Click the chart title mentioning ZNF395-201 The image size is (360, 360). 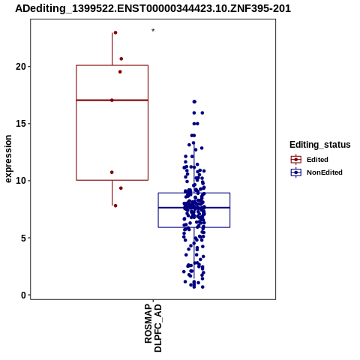click(x=153, y=9)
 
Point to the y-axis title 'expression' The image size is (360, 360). click(x=8, y=159)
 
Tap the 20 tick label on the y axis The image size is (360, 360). click(x=21, y=67)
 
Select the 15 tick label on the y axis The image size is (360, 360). click(x=21, y=124)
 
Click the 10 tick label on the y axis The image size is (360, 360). click(x=21, y=181)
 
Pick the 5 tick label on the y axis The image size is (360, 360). click(x=23, y=238)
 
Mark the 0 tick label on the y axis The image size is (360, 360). click(x=23, y=295)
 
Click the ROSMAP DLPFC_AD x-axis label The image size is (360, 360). click(x=153, y=328)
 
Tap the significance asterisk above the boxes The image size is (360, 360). click(x=153, y=31)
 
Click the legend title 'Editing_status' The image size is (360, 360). click(x=320, y=145)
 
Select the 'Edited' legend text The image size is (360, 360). click(x=317, y=160)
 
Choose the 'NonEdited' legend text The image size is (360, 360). click(x=325, y=172)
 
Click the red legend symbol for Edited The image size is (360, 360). click(x=296, y=160)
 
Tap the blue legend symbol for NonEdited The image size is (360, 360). click(x=296, y=172)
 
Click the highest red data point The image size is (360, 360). click(x=115, y=33)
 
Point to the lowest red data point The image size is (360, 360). click(x=115, y=205)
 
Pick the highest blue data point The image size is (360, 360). click(x=194, y=102)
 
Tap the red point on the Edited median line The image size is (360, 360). click(x=112, y=100)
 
